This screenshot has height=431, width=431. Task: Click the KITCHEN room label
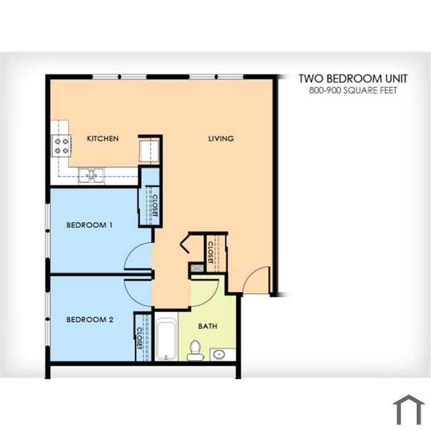103,139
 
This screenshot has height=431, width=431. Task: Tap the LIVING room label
221,139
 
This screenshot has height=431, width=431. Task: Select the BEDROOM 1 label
89,225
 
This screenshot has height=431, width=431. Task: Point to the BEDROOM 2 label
90,320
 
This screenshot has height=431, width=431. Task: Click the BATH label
208,326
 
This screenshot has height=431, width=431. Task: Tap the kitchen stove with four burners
62,146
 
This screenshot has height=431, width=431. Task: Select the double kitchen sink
91,176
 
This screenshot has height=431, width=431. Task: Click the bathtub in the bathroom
166,339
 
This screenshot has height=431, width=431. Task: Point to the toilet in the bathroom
195,350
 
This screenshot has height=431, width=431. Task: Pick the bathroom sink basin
219,354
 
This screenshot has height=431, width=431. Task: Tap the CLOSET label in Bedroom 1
155,205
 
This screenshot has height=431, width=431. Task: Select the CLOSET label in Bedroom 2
139,338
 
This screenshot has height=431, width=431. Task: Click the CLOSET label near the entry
211,252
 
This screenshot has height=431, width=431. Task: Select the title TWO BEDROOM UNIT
353,79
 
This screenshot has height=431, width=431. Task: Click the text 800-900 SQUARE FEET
353,91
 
